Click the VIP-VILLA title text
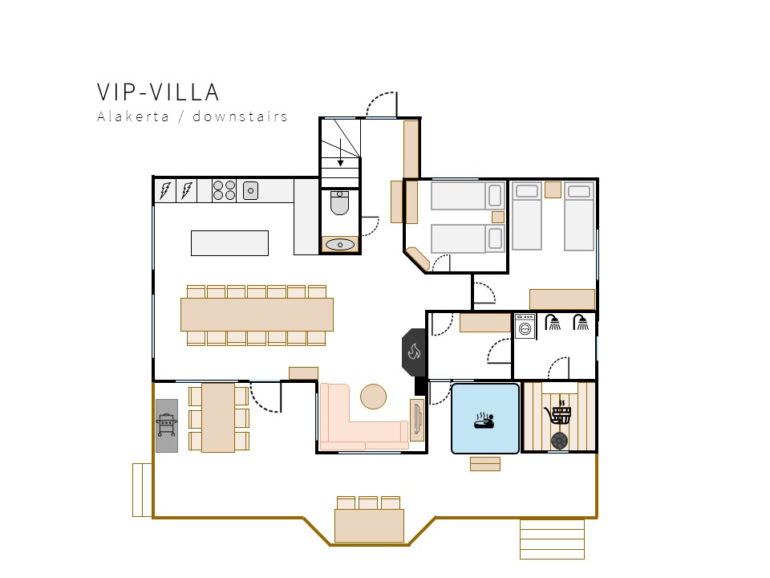(158, 92)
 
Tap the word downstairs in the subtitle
(240, 116)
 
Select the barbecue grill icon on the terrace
(167, 425)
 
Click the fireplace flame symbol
(414, 352)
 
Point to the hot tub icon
(484, 420)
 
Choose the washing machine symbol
(525, 325)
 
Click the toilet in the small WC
(339, 203)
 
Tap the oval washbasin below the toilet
(340, 244)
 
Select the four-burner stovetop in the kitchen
(224, 190)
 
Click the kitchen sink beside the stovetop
(250, 191)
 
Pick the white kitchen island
(230, 242)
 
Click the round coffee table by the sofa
(373, 396)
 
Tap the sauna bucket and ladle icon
(559, 412)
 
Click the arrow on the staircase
(340, 153)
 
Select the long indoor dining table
(257, 315)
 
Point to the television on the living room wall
(417, 419)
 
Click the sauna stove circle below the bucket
(559, 441)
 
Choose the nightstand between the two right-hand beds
(553, 189)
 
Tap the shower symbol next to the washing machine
(553, 323)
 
